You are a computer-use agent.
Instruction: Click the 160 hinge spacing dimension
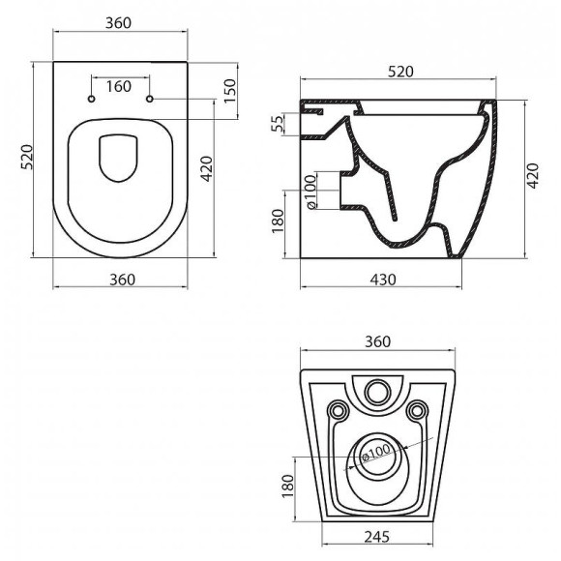tap(118, 87)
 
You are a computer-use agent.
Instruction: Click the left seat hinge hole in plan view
tap(91, 100)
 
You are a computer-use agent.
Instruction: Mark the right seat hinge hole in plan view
tap(149, 100)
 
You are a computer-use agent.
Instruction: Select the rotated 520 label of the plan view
tap(27, 161)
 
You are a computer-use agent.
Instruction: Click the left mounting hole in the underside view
tap(337, 411)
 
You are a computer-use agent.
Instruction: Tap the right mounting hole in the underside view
tap(418, 411)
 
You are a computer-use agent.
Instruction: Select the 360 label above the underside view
tap(377, 341)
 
